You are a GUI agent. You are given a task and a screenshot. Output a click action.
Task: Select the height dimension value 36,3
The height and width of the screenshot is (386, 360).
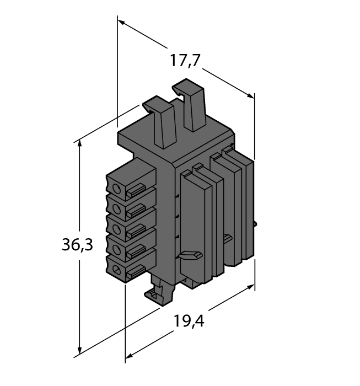pyautogui.click(x=77, y=244)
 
